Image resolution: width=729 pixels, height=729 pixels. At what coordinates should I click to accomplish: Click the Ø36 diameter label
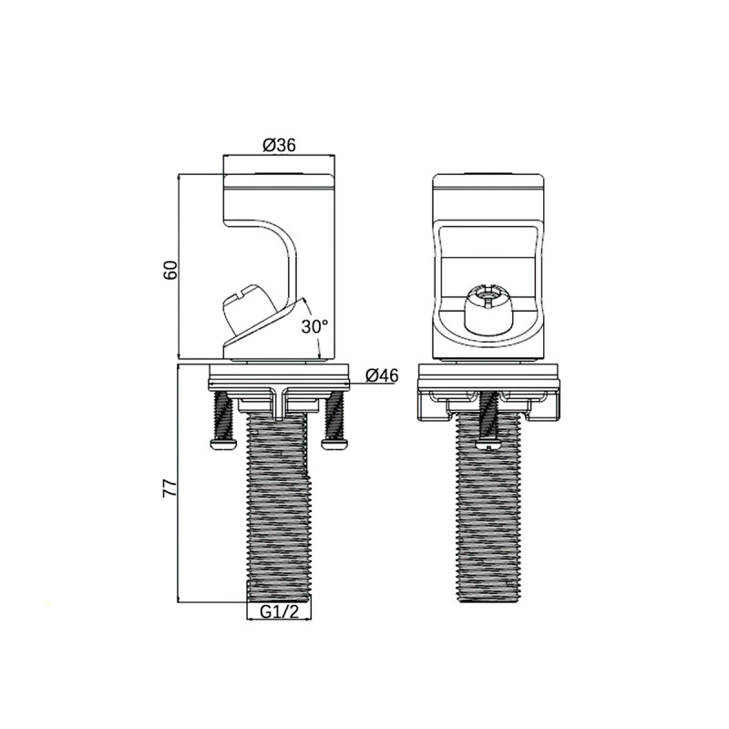(279, 146)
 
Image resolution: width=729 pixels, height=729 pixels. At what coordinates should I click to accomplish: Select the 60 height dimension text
(169, 270)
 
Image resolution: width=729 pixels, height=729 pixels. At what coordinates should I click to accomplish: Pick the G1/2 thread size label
(279, 611)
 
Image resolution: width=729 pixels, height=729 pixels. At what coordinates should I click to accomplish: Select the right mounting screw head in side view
(334, 443)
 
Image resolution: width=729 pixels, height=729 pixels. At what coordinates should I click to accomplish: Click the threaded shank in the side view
(279, 510)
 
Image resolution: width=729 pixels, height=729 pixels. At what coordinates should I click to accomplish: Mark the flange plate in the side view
(279, 374)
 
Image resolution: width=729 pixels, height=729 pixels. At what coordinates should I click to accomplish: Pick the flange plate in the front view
(488, 374)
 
